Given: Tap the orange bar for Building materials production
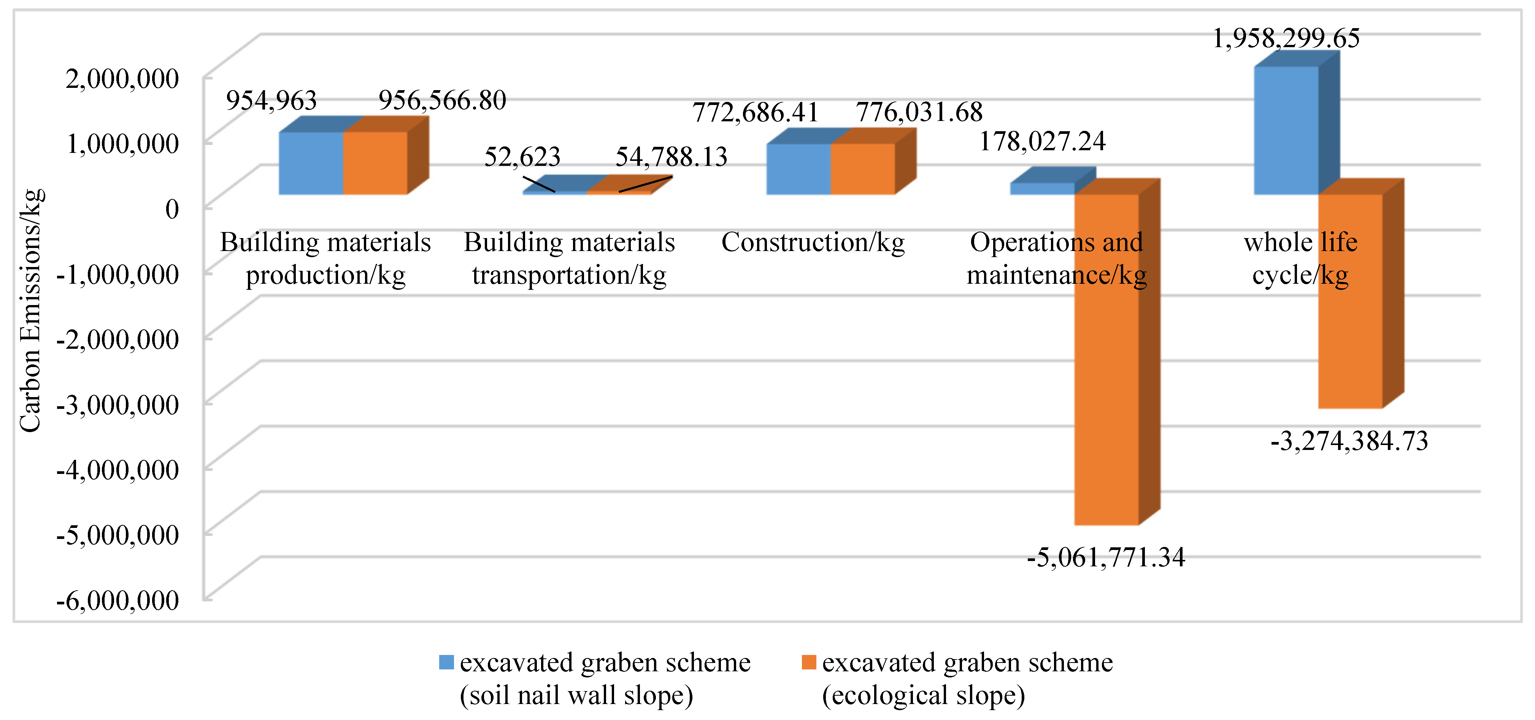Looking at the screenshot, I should coord(375,163).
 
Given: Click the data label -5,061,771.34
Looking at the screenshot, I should coord(1105,557).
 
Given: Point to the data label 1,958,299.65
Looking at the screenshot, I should coord(1286,38).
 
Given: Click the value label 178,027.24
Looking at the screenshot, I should coord(1042,141).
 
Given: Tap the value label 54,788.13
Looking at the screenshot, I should coord(671,157).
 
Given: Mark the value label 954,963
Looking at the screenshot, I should coord(271,100).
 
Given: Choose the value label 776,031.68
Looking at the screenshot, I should coord(919,112).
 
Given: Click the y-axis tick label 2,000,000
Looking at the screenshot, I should coord(122,79).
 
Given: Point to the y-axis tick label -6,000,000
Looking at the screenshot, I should coord(117,600).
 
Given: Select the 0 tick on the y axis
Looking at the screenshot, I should coord(171,209).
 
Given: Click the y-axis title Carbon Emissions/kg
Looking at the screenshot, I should coord(30,310).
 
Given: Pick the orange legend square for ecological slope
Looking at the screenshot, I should coord(809,662).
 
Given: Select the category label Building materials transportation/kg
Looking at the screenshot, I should coord(569,259).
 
